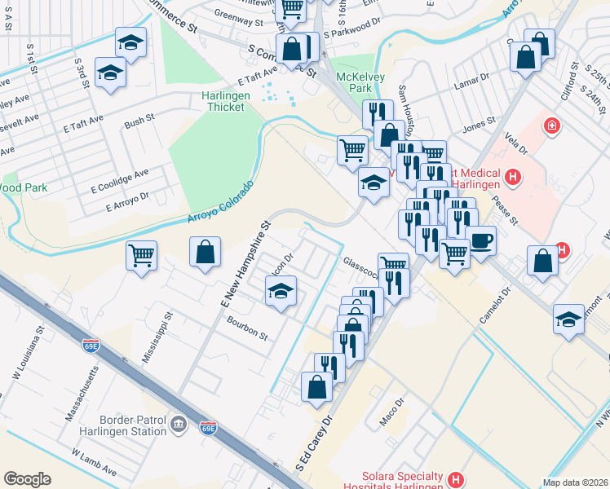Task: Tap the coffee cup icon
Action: pos(480,240)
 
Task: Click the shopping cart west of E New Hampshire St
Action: pos(142,255)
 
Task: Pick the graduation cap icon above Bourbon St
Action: pos(281,291)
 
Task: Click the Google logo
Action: pos(27,479)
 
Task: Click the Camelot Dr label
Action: pos(494,305)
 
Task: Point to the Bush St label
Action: pos(139,123)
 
